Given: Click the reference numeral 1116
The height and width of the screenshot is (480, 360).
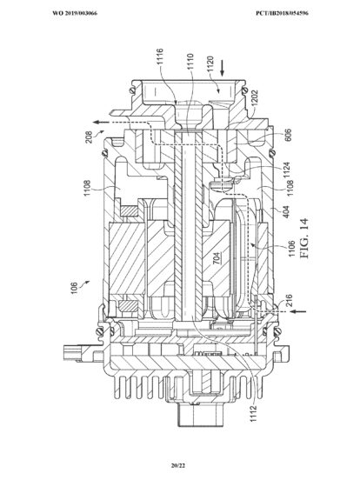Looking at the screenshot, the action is pyautogui.click(x=160, y=57).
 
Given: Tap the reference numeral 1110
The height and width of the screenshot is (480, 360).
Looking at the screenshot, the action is pyautogui.click(x=190, y=62).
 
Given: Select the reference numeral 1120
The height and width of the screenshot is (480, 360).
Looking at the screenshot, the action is pyautogui.click(x=211, y=64).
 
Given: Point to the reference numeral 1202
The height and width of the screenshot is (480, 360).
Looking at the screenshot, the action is pyautogui.click(x=255, y=98).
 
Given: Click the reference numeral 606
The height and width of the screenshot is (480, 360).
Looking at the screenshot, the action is pyautogui.click(x=288, y=135).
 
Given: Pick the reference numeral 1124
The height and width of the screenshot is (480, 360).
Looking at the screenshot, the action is pyautogui.click(x=287, y=170).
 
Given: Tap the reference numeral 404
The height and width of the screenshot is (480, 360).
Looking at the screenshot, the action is pyautogui.click(x=286, y=212).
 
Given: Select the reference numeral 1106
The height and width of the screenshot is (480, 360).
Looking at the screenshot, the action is pyautogui.click(x=291, y=249).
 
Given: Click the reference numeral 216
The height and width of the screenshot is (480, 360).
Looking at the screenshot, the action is pyautogui.click(x=289, y=300).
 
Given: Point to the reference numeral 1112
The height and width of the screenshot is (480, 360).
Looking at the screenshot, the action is pyautogui.click(x=253, y=414).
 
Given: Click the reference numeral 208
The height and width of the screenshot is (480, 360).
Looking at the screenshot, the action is pyautogui.click(x=89, y=137).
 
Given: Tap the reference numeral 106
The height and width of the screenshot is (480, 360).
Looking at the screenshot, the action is pyautogui.click(x=74, y=289).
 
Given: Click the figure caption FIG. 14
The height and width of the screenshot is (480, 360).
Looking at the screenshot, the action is pyautogui.click(x=304, y=238).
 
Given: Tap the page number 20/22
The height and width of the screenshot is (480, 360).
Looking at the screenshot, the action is pyautogui.click(x=178, y=466).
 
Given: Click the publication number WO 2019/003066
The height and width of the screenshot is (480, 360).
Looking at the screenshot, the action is pyautogui.click(x=75, y=13).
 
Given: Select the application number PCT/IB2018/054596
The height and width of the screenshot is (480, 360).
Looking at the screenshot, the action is pyautogui.click(x=282, y=13).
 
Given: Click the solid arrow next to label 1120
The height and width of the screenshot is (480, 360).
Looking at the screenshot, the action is pyautogui.click(x=223, y=68).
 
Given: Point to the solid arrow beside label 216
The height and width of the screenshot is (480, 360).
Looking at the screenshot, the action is pyautogui.click(x=298, y=311).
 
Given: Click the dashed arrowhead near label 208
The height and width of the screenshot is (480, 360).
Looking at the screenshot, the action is pyautogui.click(x=97, y=123).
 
